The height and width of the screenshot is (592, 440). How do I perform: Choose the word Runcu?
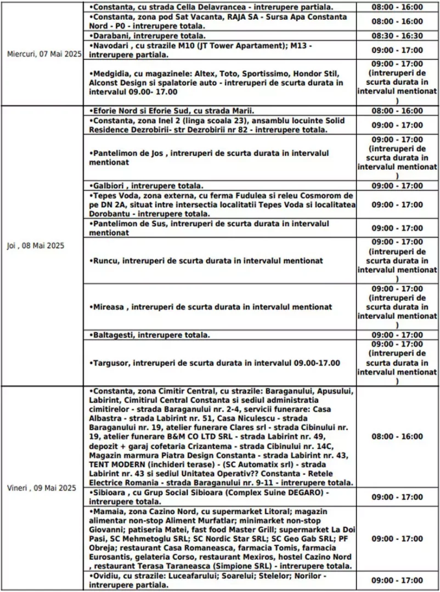coord(104,260)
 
